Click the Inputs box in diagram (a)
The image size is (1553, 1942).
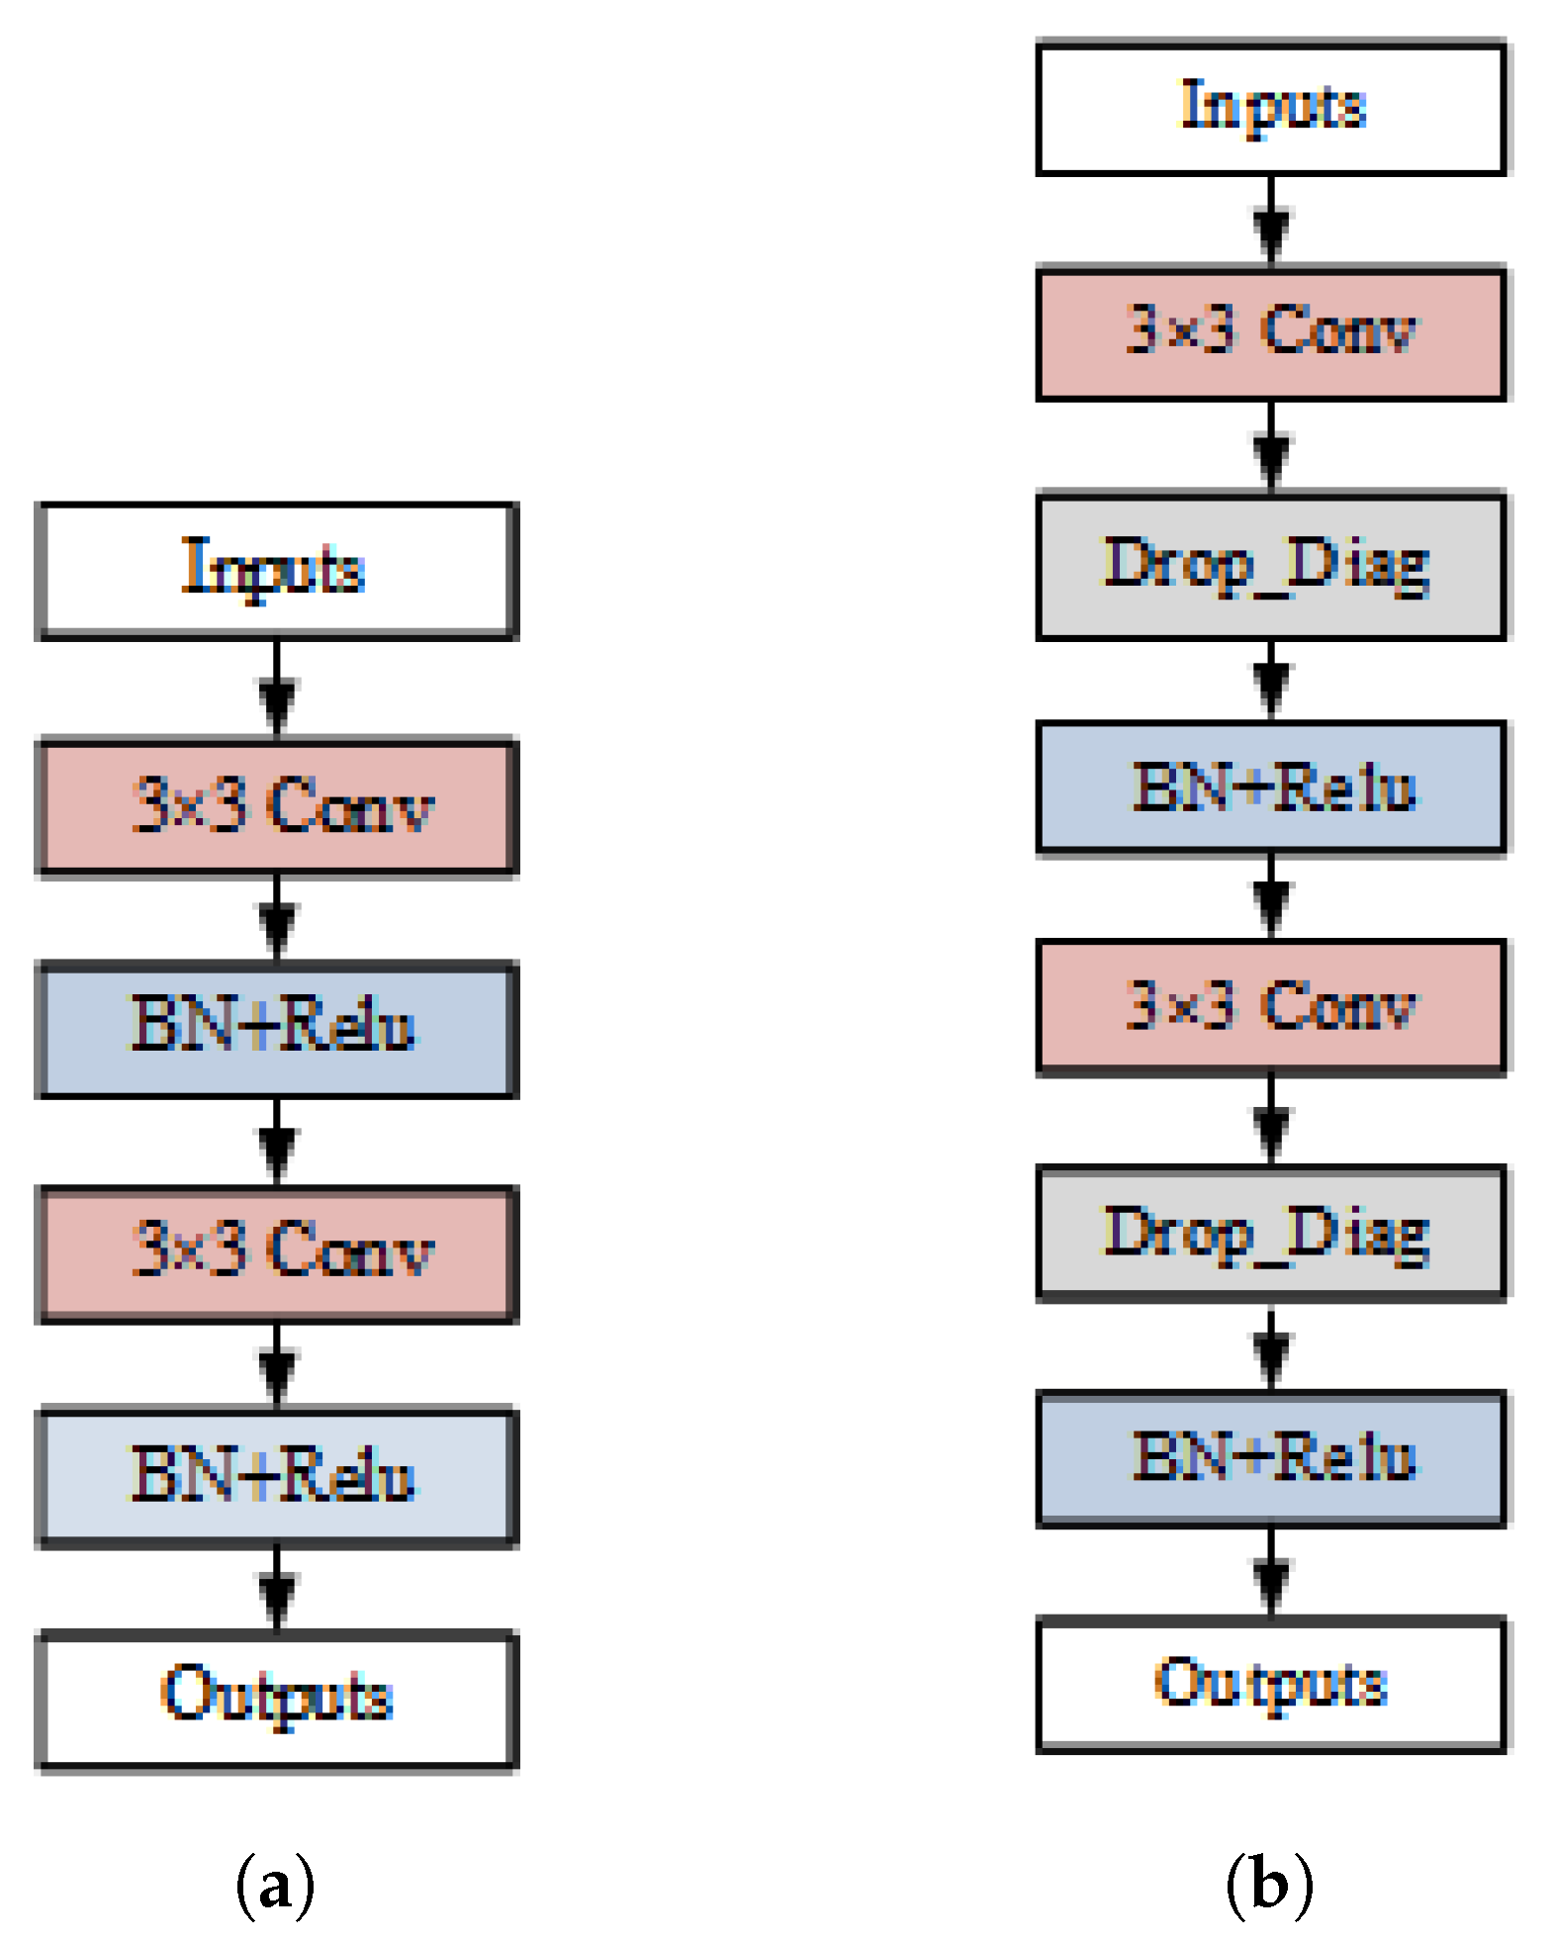point(277,571)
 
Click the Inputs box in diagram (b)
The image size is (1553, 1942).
point(1270,108)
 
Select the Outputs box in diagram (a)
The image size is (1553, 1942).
point(277,1698)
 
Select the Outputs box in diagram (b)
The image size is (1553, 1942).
point(1270,1684)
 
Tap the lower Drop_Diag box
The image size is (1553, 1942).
point(1270,1234)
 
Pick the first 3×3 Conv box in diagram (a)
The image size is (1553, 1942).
point(277,806)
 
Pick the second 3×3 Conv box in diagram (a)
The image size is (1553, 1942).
point(277,1252)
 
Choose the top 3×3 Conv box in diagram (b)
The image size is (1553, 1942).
point(1270,332)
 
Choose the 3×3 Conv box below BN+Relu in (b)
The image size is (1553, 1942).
point(1270,1007)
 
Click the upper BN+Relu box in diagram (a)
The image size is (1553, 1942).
point(277,1029)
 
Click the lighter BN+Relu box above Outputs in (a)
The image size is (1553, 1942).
point(277,1476)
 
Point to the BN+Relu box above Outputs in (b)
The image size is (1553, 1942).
point(1270,1458)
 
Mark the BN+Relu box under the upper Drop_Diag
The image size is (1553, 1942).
point(1270,787)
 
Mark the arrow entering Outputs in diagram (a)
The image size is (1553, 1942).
point(277,1589)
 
